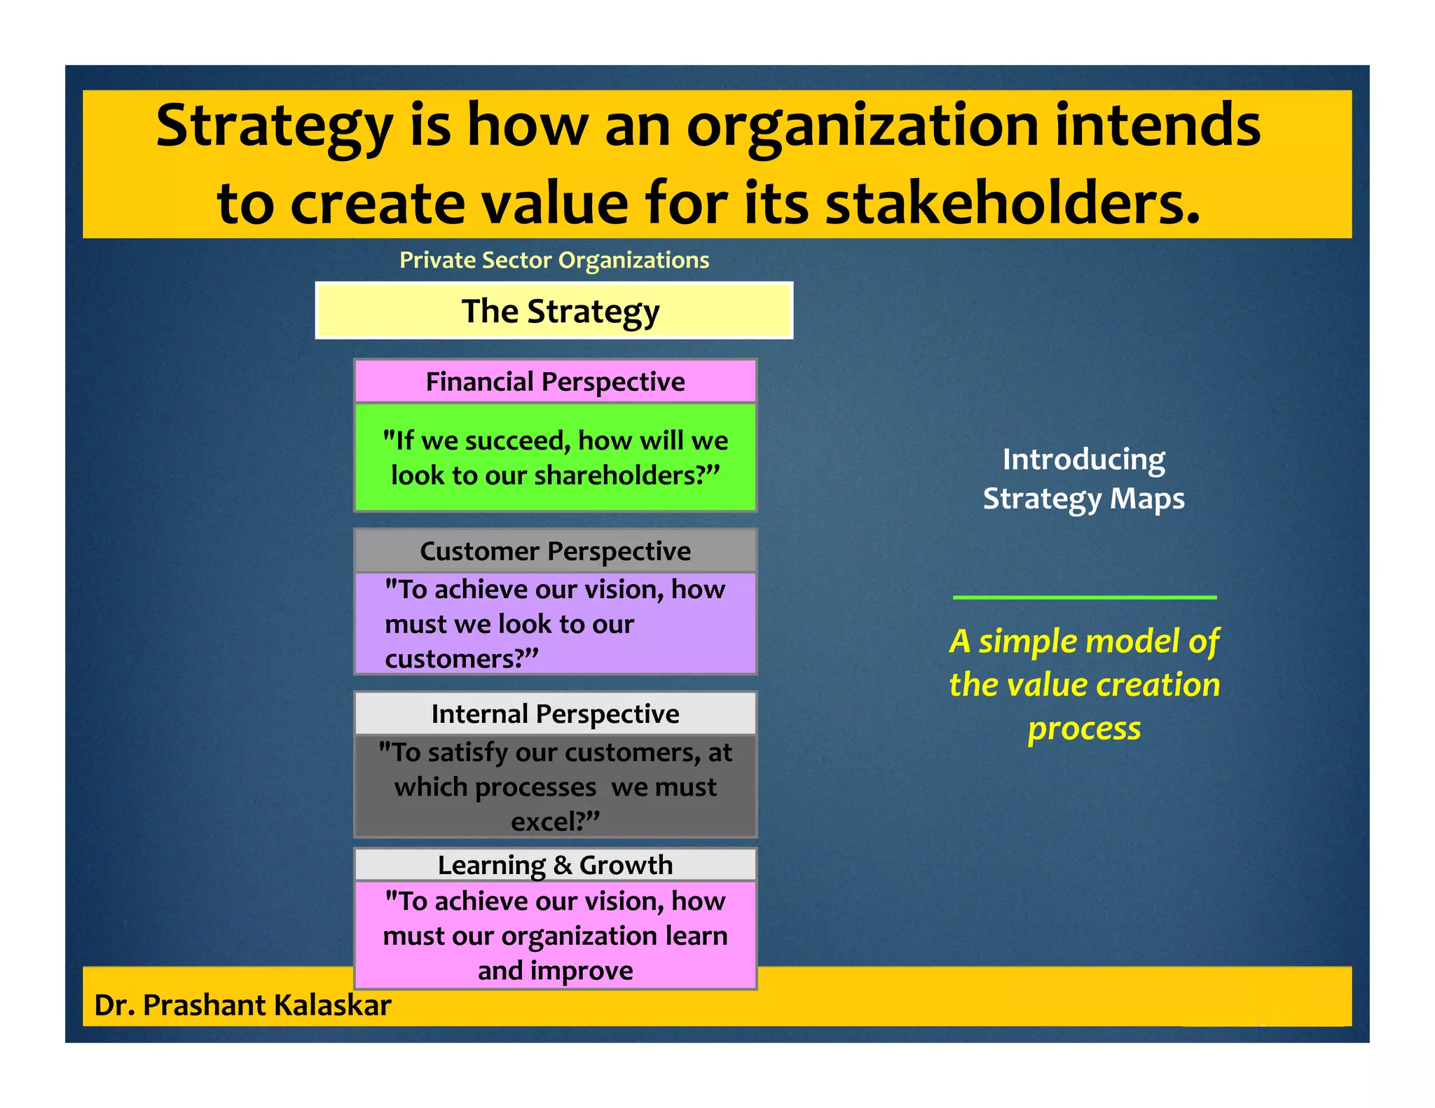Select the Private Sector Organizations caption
click(554, 260)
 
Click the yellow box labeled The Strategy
click(554, 311)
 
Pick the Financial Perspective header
click(555, 382)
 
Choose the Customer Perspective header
click(555, 551)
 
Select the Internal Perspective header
click(555, 714)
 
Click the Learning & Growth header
click(555, 865)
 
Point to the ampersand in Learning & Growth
click(562, 866)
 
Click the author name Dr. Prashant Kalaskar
click(242, 1005)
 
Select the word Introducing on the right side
click(1084, 460)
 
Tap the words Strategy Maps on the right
click(1084, 499)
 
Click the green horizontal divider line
click(1084, 597)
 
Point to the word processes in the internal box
click(536, 788)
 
